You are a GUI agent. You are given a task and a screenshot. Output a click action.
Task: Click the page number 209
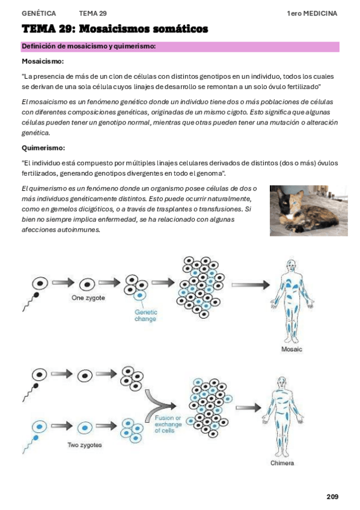(x=332, y=497)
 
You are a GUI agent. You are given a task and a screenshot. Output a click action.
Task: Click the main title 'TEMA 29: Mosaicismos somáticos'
(x=115, y=29)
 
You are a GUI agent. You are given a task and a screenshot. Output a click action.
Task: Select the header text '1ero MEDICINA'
(x=312, y=13)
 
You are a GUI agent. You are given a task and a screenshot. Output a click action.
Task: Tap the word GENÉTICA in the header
(x=38, y=13)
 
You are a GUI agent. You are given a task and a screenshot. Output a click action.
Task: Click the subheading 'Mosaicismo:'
(x=43, y=61)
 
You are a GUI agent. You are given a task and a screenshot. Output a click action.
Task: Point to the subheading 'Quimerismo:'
(x=43, y=148)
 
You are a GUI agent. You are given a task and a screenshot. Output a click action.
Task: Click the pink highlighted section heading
(x=180, y=46)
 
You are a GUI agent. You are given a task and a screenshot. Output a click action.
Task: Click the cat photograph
(x=309, y=210)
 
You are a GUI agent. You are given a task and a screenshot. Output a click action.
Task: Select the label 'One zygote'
(x=88, y=298)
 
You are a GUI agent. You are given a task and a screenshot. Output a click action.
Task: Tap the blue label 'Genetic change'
(x=145, y=315)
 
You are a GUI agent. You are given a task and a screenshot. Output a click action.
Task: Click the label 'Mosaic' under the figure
(x=291, y=349)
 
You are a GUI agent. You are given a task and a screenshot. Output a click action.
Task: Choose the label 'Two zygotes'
(x=85, y=445)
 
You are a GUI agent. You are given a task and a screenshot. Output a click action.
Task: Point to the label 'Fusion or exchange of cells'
(x=168, y=424)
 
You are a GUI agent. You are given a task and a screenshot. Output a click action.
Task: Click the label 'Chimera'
(x=282, y=463)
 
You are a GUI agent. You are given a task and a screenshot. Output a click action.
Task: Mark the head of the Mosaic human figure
(x=291, y=265)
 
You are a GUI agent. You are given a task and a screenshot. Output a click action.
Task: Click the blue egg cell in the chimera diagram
(x=39, y=426)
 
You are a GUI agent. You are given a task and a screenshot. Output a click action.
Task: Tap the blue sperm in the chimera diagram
(x=30, y=444)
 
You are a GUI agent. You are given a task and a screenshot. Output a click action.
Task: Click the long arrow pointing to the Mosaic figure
(x=251, y=285)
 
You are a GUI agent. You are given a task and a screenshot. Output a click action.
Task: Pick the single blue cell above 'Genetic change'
(x=140, y=295)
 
